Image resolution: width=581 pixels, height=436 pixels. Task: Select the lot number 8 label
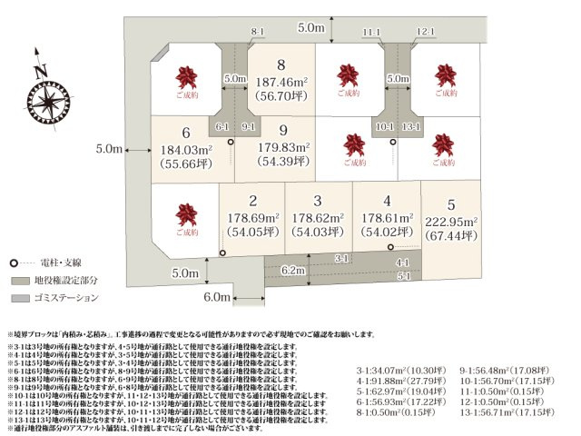[282, 64]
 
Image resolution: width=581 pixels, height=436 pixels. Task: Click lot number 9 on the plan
[283, 130]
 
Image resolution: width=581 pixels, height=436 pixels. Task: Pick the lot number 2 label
[252, 201]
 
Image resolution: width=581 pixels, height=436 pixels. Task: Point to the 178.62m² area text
[317, 218]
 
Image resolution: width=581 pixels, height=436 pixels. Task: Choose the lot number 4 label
[387, 201]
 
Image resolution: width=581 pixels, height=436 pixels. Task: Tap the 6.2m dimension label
[293, 270]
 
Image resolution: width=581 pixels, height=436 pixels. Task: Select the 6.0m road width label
[217, 297]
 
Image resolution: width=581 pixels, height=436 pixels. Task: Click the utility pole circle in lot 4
[391, 247]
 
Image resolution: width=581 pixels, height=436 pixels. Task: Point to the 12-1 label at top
[428, 32]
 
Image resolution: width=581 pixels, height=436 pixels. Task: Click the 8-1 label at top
[257, 32]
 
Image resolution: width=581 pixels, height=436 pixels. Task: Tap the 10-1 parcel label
[383, 126]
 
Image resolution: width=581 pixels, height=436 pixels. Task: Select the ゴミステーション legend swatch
[21, 297]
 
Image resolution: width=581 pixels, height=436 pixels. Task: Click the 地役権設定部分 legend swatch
[21, 280]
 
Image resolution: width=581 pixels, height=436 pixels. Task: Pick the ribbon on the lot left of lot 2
[187, 215]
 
